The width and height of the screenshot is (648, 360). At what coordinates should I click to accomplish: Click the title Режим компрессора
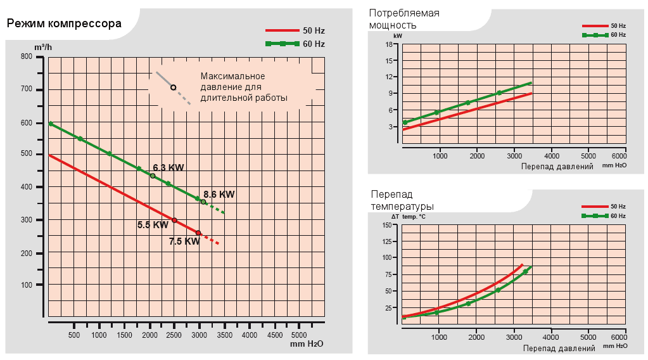(x=64, y=25)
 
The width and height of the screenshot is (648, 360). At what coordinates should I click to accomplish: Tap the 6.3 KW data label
(x=168, y=168)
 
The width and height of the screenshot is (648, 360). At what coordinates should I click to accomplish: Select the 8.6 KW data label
(x=219, y=195)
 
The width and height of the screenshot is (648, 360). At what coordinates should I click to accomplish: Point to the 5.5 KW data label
(x=153, y=224)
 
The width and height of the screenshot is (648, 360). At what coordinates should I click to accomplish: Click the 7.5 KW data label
(x=184, y=241)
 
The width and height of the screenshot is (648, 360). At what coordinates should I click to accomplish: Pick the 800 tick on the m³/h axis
(x=26, y=56)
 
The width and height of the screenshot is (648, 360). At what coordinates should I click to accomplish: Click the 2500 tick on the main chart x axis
(x=174, y=335)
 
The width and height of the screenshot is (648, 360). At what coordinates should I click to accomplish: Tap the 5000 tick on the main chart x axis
(x=298, y=335)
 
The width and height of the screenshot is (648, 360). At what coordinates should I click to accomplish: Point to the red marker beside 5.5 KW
(x=174, y=220)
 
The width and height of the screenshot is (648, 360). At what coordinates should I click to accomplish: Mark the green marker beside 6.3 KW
(x=153, y=176)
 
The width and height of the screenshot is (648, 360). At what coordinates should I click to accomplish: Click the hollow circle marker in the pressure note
(x=173, y=87)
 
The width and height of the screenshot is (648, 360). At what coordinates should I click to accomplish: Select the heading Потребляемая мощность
(x=403, y=19)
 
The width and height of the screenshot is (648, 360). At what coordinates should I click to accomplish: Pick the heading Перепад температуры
(x=402, y=200)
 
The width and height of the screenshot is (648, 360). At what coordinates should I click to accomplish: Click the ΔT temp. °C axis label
(x=409, y=217)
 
